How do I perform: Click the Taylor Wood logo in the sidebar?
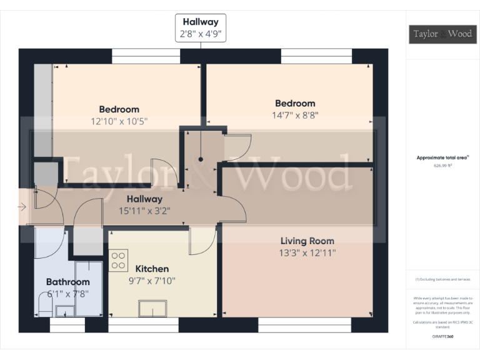tap(441, 34)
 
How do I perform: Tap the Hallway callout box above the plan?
tap(201, 27)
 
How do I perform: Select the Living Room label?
tap(307, 241)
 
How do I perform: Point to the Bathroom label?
tap(67, 282)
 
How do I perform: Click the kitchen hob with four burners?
tap(119, 260)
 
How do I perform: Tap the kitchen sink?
tap(153, 308)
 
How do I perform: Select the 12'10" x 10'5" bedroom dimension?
tap(119, 121)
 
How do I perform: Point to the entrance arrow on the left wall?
tap(22, 206)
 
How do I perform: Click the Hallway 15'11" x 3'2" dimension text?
tap(144, 211)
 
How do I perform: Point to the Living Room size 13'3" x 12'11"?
tap(307, 252)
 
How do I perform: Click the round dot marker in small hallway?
tap(201, 159)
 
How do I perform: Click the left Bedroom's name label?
tap(119, 109)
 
